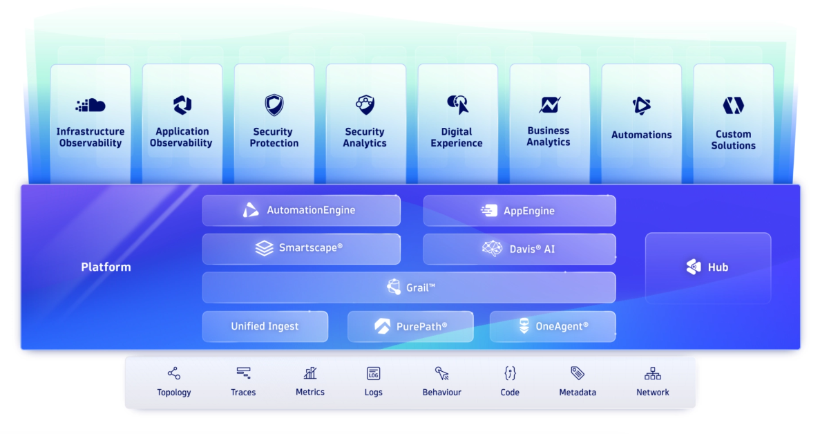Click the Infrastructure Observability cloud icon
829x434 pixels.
(x=90, y=105)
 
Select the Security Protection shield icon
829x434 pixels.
(x=274, y=105)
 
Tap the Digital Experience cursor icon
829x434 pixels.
(x=457, y=105)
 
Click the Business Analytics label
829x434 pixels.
(x=549, y=136)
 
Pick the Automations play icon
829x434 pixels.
(x=641, y=106)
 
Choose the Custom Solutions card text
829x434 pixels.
(x=733, y=140)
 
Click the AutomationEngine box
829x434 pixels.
(x=301, y=210)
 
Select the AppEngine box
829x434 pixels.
(x=519, y=210)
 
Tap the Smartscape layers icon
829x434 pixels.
(x=265, y=248)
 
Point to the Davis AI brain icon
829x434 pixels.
(x=492, y=249)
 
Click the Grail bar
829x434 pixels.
(x=408, y=287)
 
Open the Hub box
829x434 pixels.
(x=707, y=267)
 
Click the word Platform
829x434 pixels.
(x=106, y=267)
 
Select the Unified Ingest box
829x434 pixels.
(x=265, y=326)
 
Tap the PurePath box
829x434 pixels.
(x=410, y=326)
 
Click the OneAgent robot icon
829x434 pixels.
(x=524, y=326)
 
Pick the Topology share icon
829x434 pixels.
(x=173, y=374)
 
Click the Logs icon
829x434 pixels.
(x=373, y=374)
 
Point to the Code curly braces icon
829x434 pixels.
(x=510, y=374)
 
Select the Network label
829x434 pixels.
(x=652, y=393)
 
